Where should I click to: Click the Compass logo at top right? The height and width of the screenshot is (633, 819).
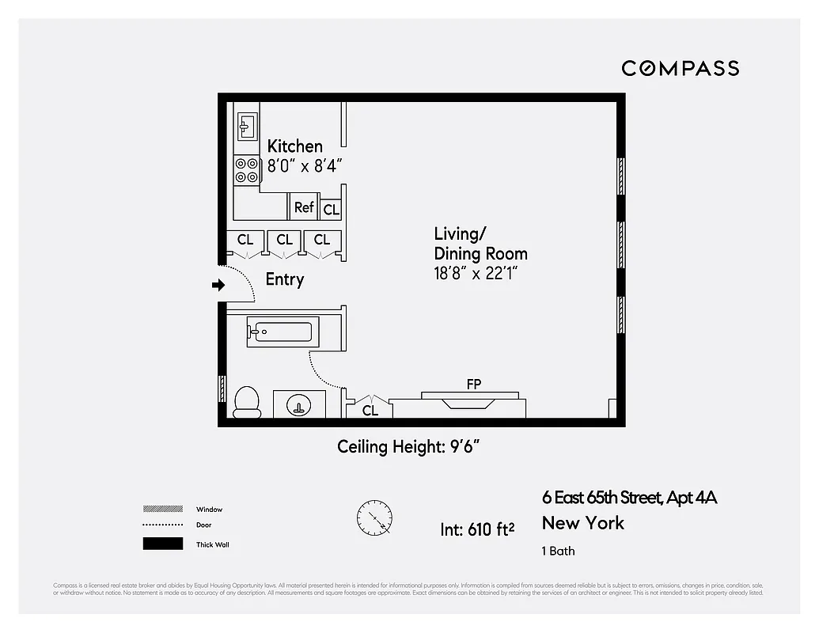click(680, 68)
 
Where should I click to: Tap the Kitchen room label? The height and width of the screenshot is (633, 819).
click(294, 146)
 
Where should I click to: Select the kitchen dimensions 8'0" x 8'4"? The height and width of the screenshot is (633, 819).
click(304, 166)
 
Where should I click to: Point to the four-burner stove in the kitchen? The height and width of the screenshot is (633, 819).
click(247, 169)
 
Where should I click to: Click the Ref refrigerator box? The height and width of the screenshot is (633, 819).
click(304, 207)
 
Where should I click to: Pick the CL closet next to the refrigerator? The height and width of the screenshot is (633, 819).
click(331, 210)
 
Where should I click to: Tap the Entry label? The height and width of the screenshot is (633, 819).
click(284, 279)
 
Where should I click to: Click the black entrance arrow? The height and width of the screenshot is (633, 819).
click(218, 286)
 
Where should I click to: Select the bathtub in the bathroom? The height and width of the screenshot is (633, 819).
click(282, 332)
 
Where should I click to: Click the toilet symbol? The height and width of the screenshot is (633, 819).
click(248, 402)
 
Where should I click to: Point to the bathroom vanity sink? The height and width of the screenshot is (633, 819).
click(299, 405)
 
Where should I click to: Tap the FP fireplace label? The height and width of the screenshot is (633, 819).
click(473, 385)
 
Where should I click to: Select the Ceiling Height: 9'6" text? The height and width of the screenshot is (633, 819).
click(409, 447)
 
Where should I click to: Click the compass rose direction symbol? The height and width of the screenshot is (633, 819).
click(373, 519)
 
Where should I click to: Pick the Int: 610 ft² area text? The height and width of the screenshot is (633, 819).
click(477, 529)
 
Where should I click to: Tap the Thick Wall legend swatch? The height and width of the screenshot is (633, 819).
click(162, 544)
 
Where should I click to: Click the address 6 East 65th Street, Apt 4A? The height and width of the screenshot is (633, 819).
click(629, 498)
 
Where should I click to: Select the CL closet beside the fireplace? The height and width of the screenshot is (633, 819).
click(370, 411)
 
